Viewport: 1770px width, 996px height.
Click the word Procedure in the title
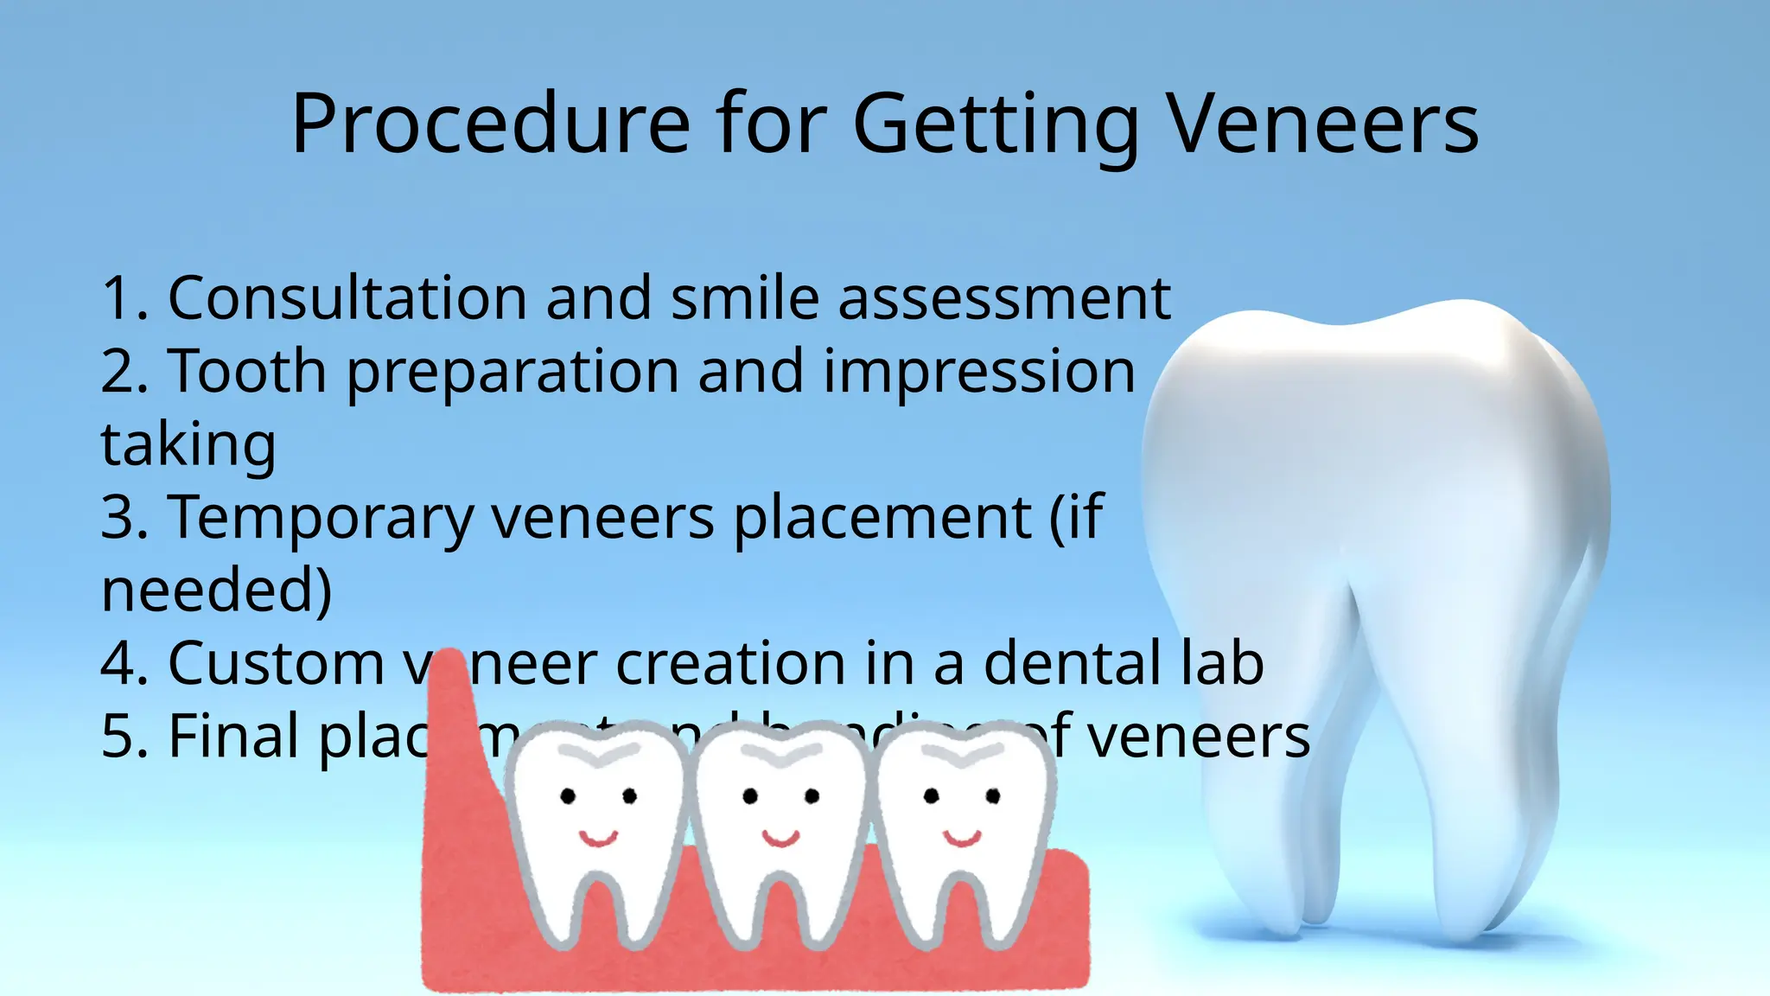(x=490, y=124)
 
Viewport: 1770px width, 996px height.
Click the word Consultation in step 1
(x=347, y=298)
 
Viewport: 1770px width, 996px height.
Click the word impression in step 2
(x=979, y=373)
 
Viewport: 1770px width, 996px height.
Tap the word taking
(x=188, y=445)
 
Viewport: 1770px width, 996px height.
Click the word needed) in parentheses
(x=216, y=591)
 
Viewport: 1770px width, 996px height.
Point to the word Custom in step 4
(x=276, y=664)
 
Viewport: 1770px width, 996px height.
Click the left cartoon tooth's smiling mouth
(x=598, y=837)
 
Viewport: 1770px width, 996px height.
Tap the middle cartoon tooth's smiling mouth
(x=780, y=837)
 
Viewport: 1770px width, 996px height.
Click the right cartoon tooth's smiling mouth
(x=962, y=837)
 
